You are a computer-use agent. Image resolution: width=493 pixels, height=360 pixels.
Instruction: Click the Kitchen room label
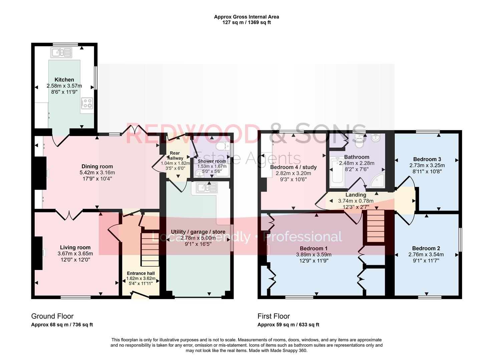[64, 80]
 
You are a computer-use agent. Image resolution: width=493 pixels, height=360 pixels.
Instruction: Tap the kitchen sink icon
[61, 53]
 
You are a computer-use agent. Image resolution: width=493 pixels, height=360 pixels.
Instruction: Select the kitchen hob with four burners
[87, 103]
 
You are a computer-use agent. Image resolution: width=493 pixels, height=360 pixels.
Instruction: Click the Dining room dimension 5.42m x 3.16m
[97, 173]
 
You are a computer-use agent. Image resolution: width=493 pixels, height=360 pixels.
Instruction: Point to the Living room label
[75, 247]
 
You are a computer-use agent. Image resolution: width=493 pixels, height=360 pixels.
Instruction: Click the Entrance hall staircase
[150, 249]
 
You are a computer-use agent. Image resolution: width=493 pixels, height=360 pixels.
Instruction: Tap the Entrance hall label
[141, 273]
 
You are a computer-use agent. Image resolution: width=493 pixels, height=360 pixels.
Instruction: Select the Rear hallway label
[175, 156]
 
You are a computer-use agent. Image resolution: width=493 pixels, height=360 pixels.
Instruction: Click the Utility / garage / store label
[198, 232]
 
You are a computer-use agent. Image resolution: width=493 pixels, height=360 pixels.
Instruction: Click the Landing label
[356, 195]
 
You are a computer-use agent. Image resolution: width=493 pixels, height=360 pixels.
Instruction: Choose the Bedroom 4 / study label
[293, 167]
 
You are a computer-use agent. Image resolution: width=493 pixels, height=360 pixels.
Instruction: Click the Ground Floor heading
[52, 316]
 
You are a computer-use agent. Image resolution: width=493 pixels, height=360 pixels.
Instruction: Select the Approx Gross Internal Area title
[246, 17]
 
